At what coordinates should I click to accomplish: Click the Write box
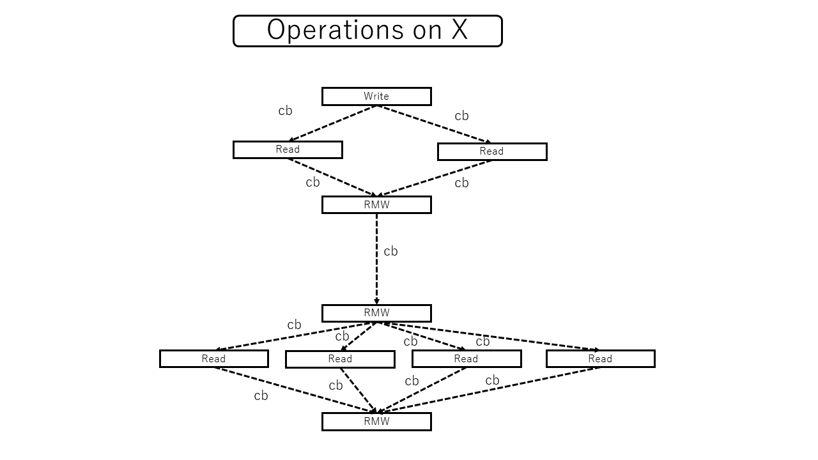click(x=376, y=96)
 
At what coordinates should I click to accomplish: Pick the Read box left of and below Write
click(x=288, y=149)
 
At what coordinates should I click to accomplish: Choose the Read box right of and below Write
click(x=492, y=151)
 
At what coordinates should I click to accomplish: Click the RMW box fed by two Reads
click(x=376, y=204)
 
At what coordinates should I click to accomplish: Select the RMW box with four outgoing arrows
click(x=376, y=313)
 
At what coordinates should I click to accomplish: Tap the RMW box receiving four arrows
click(x=376, y=422)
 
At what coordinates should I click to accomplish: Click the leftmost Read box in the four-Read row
click(x=213, y=359)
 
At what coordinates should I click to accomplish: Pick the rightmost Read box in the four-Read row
click(x=600, y=359)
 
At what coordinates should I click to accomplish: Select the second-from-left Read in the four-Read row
click(x=340, y=359)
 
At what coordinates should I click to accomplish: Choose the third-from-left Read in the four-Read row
click(x=466, y=359)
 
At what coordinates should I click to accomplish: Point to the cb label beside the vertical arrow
click(x=390, y=252)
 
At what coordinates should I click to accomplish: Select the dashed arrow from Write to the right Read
click(x=435, y=125)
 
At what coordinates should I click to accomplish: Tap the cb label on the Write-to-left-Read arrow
click(x=285, y=111)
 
